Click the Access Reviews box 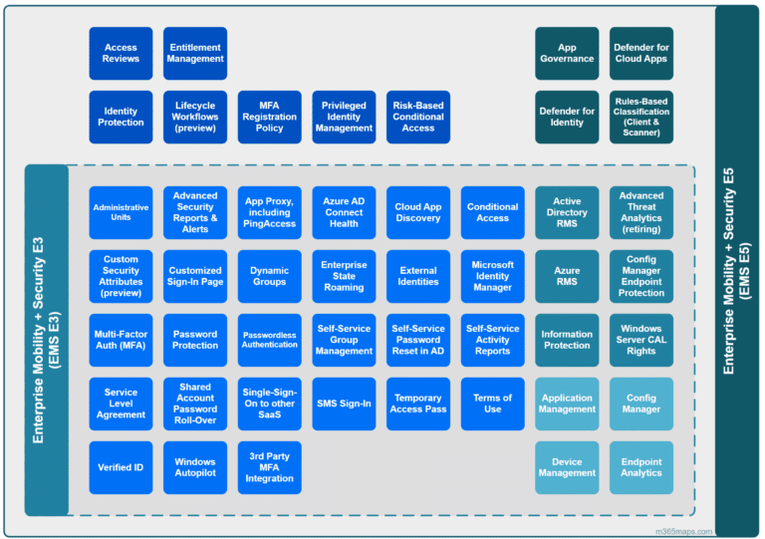point(121,53)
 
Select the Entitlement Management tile point(195,53)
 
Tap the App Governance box point(567,53)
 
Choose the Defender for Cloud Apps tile point(641,53)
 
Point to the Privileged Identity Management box point(344,117)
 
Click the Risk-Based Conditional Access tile point(418,117)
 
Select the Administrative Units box point(121,212)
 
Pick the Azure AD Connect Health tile point(344,212)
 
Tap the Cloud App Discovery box point(418,212)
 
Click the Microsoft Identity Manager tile point(492,276)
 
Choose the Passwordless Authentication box point(270,340)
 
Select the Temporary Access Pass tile point(418,404)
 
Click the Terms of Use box point(492,404)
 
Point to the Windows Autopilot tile point(195,467)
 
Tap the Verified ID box point(121,467)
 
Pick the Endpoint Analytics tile point(641,467)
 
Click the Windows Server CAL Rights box point(641,340)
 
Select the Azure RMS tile point(567,276)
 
